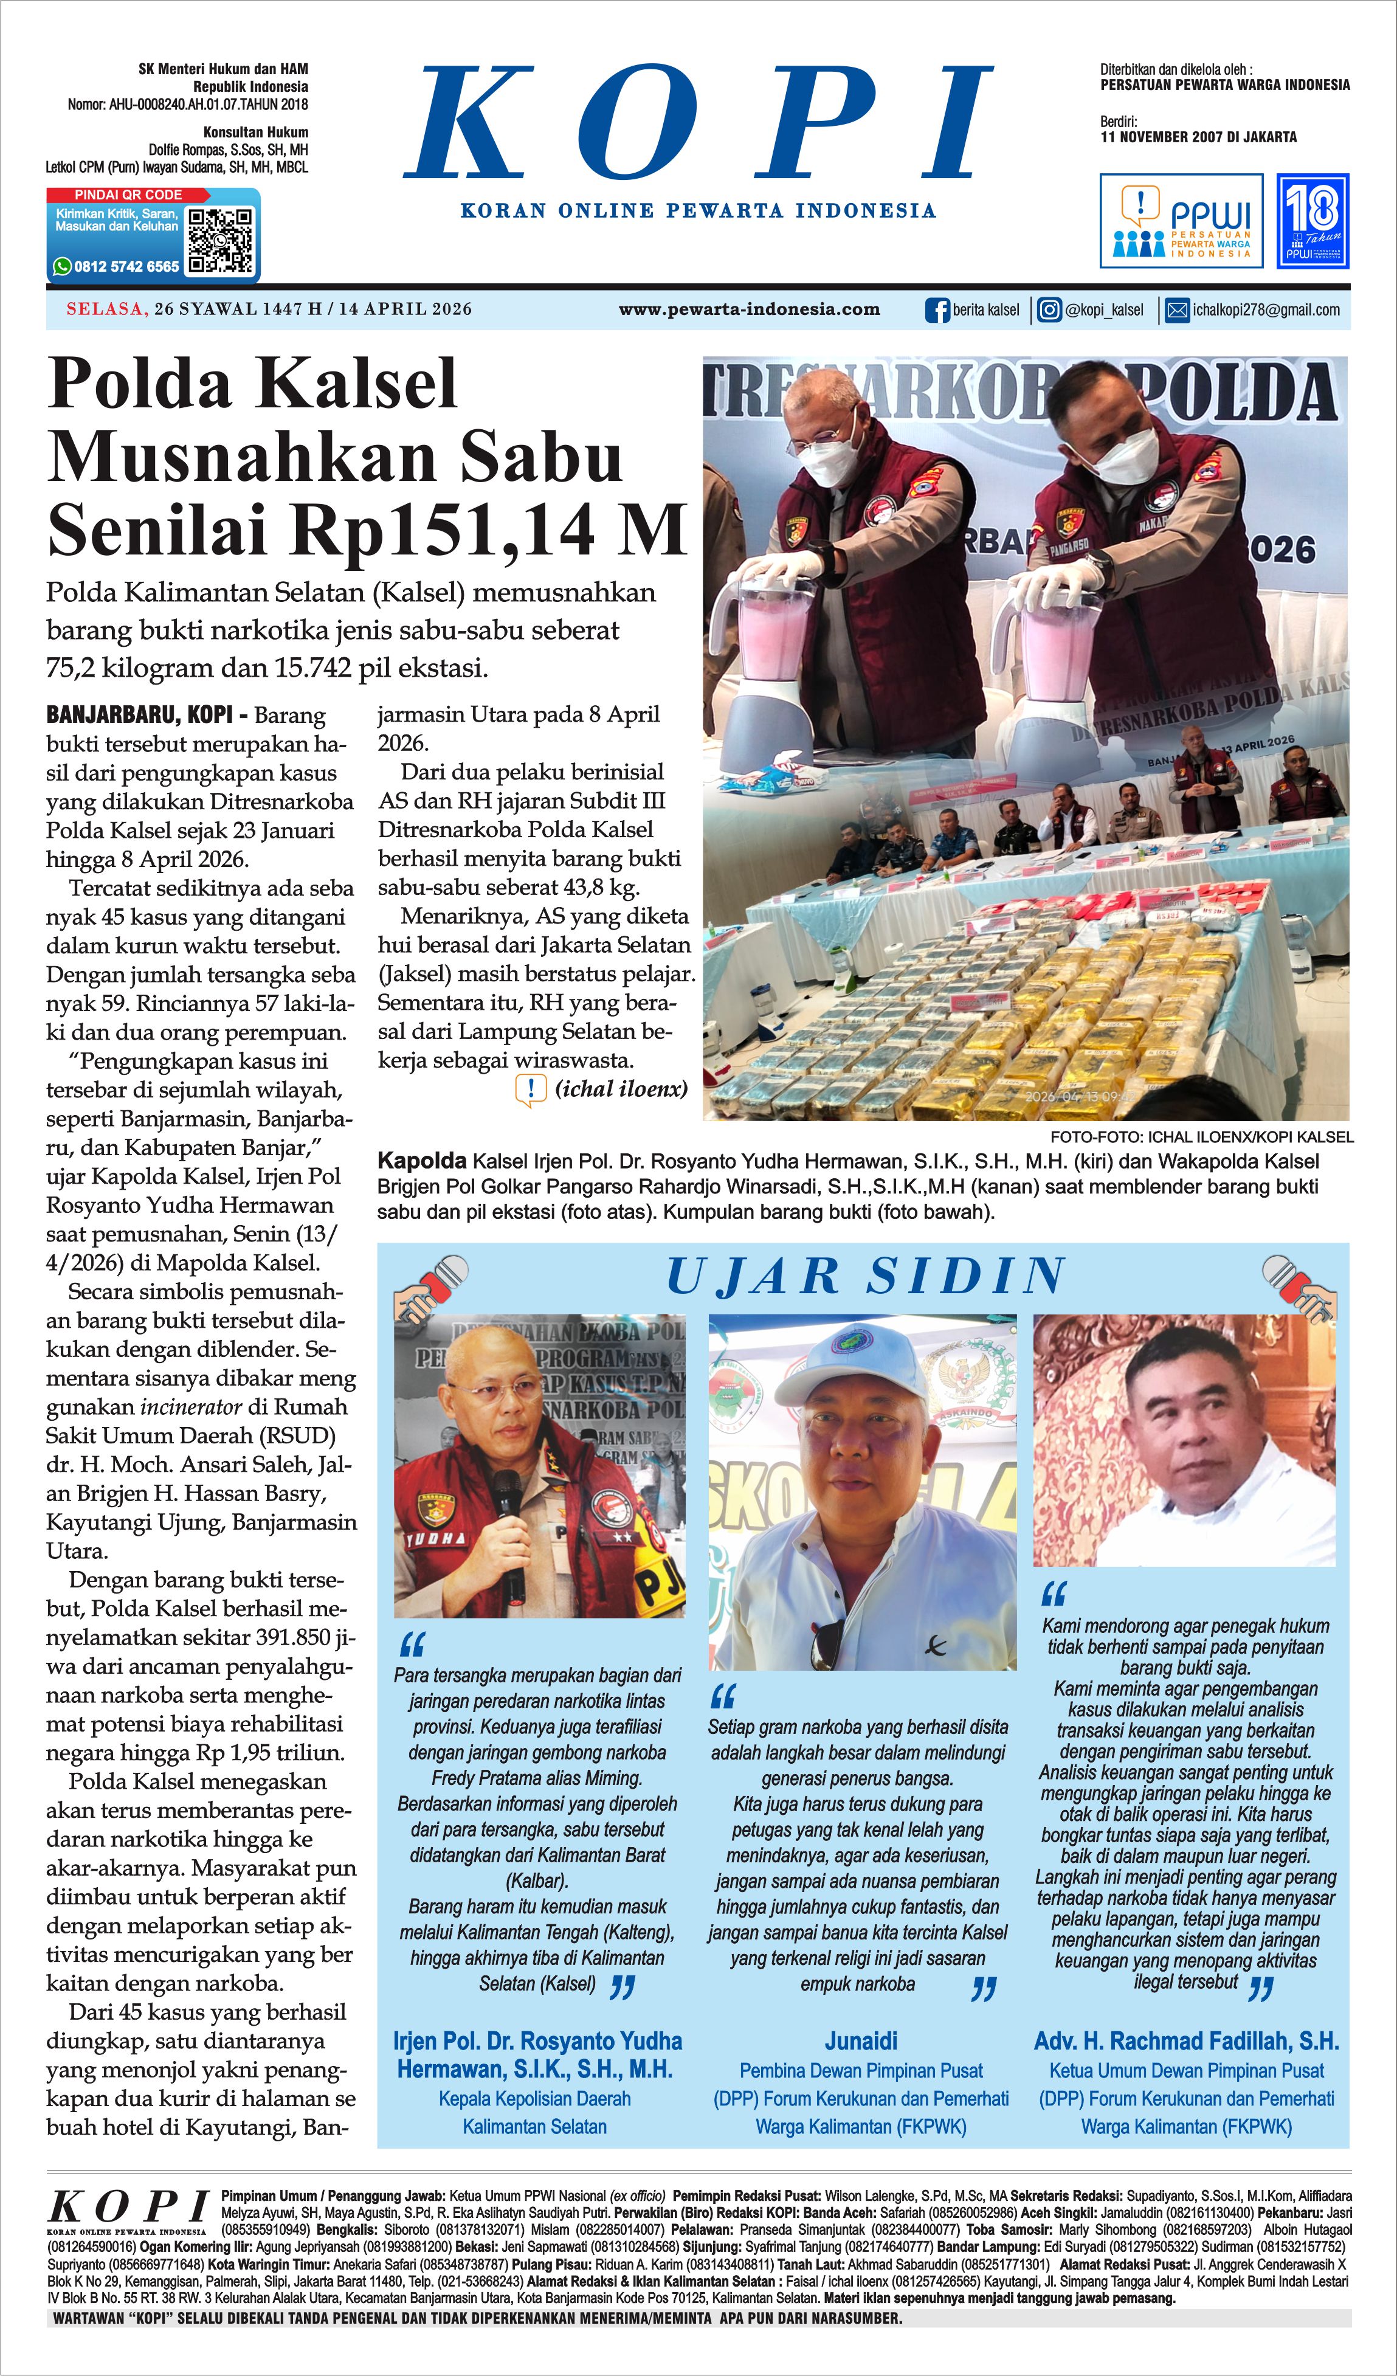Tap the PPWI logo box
coord(1181,221)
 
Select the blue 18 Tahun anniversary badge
coord(1312,221)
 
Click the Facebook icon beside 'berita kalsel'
coord(937,310)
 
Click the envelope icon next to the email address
coord(1178,310)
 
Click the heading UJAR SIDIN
coord(865,1277)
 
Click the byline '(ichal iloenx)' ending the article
coord(621,1089)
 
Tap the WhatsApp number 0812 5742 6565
coord(126,267)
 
